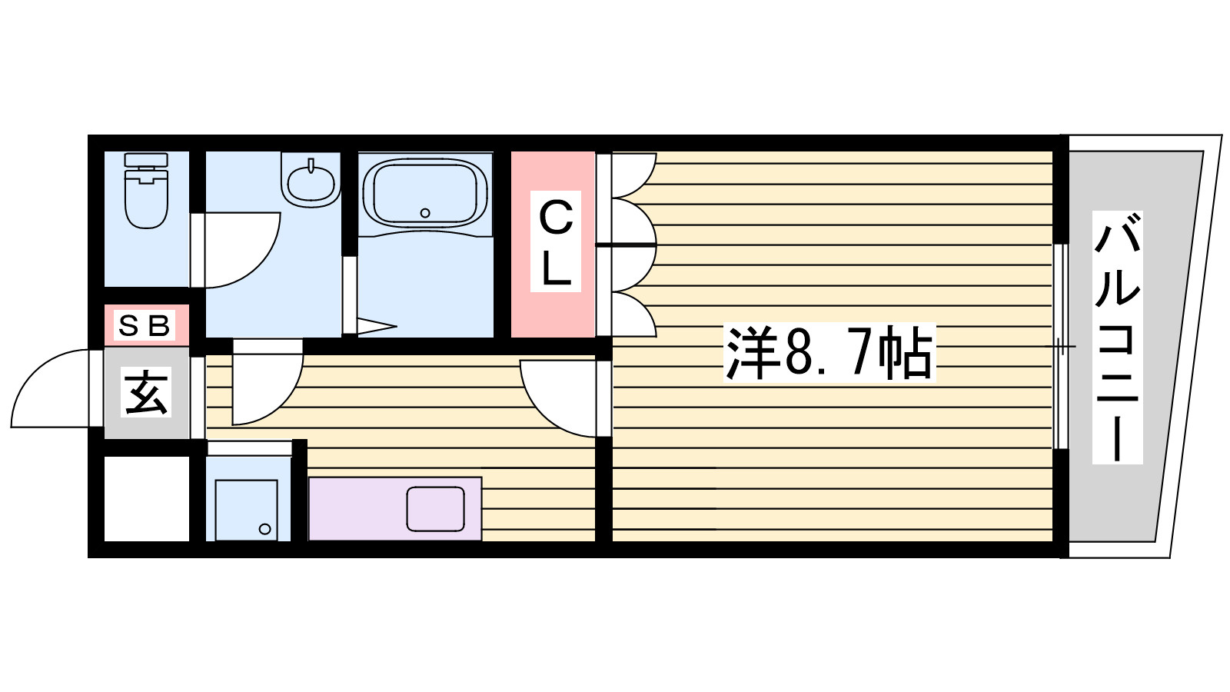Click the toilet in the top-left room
[146, 190]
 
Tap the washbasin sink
[311, 180]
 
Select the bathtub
[426, 193]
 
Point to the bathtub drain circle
[425, 213]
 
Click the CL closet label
[556, 241]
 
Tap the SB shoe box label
[145, 326]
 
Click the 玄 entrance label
[146, 392]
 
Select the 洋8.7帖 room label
[829, 352]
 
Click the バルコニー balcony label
[1118, 338]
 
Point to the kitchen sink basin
[435, 508]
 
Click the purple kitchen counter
[395, 508]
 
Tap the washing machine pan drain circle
[264, 530]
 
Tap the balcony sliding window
[1061, 347]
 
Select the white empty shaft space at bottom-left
[147, 498]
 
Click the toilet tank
[146, 161]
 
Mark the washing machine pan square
[247, 511]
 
